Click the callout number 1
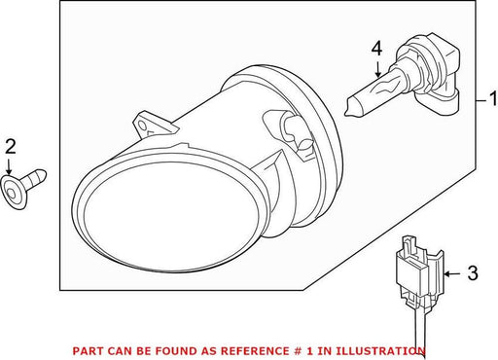pos(493,99)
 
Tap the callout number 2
pos(11,146)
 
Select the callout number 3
pos(473,273)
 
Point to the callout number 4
pos(376,49)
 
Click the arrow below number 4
pos(377,68)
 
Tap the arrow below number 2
pos(9,165)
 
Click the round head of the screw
pos(13,193)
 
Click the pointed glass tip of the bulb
pos(347,110)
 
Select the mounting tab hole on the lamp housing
pos(142,125)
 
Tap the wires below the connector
pos(420,328)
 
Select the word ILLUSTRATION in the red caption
pos(380,351)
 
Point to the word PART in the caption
pos(87,351)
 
